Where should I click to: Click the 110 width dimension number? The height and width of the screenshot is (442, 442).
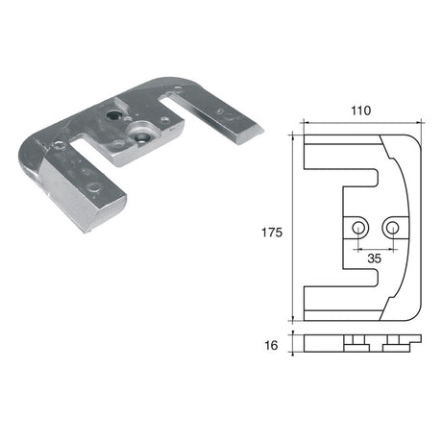point(361,111)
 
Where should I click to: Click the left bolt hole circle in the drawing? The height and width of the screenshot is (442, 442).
point(358,228)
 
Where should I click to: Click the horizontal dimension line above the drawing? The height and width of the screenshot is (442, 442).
point(361,124)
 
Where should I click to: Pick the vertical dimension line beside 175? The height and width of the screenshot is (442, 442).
point(290,232)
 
